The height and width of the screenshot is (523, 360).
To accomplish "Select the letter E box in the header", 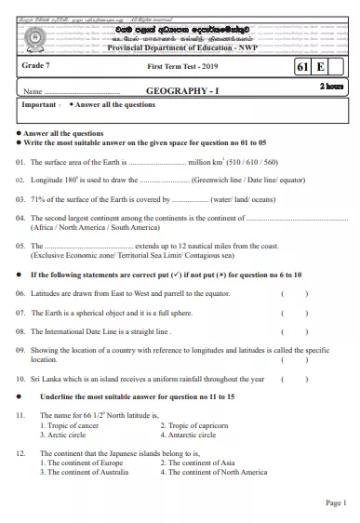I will (x=320, y=68).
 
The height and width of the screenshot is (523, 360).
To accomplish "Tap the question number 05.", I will (x=20, y=245).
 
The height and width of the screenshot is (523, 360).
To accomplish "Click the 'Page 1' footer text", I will (x=335, y=503).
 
